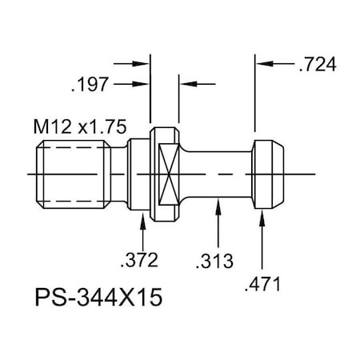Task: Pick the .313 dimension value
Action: point(214,261)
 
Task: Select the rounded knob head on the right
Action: point(269,173)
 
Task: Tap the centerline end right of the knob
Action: point(316,173)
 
